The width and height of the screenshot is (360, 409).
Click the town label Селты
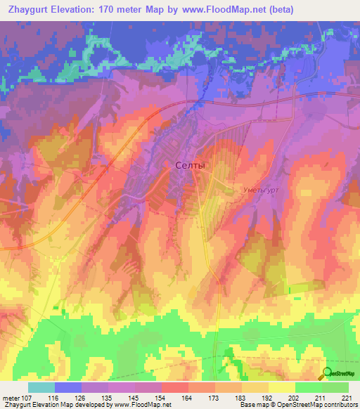pos(190,165)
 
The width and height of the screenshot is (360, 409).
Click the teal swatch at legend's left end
pos(41,387)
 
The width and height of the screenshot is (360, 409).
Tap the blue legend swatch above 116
pos(67,387)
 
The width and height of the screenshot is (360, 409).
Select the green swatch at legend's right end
pos(335,387)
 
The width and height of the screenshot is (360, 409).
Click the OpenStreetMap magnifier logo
pos(328,373)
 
